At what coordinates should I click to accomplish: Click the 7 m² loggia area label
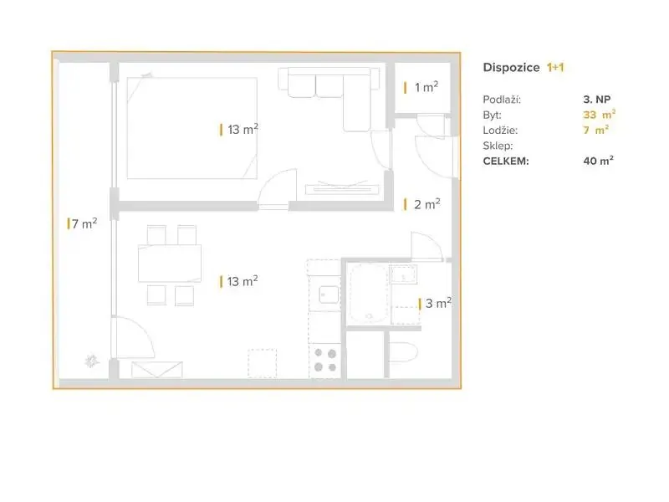82,223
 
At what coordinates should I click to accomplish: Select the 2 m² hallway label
422,204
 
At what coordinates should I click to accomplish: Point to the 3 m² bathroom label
435,303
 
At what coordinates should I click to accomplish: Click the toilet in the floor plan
403,352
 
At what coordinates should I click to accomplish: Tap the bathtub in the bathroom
369,293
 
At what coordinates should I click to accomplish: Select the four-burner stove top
325,361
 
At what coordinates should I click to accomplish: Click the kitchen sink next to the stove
329,295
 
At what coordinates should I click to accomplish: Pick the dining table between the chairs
170,263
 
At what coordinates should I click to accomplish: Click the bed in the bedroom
192,128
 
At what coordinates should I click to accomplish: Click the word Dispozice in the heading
511,68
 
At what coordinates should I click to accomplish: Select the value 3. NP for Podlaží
597,100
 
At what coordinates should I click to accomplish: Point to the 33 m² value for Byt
599,115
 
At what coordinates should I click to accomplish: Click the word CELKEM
506,161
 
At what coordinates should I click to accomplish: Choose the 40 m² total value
598,161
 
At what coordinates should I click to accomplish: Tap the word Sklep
498,146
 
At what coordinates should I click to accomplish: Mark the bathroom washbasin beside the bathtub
404,274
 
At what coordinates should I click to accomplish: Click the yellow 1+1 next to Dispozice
555,68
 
